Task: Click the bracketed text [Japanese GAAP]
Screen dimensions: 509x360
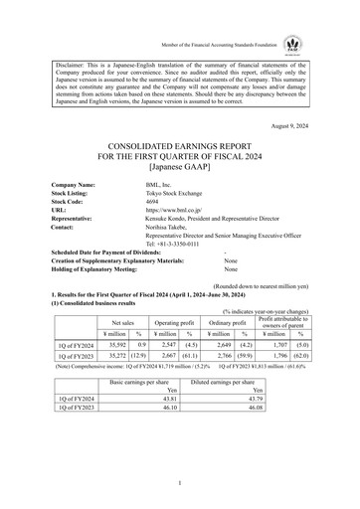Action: [x=179, y=170]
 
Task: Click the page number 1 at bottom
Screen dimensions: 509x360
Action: [x=179, y=482]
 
